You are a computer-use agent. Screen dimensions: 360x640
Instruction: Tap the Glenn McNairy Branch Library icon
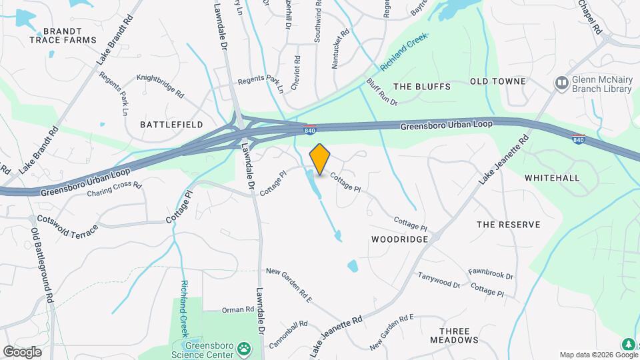(x=562, y=83)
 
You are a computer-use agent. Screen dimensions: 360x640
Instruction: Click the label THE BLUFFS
(x=422, y=87)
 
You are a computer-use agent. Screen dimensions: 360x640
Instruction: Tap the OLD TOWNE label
(x=498, y=81)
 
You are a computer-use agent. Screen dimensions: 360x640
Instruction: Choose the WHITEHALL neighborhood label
(x=552, y=178)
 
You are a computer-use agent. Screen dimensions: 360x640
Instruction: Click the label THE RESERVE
(x=508, y=225)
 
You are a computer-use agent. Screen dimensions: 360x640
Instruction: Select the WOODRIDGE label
(x=399, y=239)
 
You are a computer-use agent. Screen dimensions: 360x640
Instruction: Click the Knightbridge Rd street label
(x=159, y=78)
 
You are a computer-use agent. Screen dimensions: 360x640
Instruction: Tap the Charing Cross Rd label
(x=115, y=189)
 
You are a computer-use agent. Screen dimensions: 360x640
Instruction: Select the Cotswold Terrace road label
(x=67, y=222)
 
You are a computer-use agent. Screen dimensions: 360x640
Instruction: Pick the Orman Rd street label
(x=237, y=310)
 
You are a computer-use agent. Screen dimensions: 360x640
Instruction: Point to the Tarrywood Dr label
(x=439, y=279)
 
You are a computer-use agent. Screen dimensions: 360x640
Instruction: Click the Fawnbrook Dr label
(x=491, y=274)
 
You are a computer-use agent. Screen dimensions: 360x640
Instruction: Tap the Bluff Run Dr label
(x=381, y=92)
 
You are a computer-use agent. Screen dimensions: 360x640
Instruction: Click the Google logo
(x=22, y=351)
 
